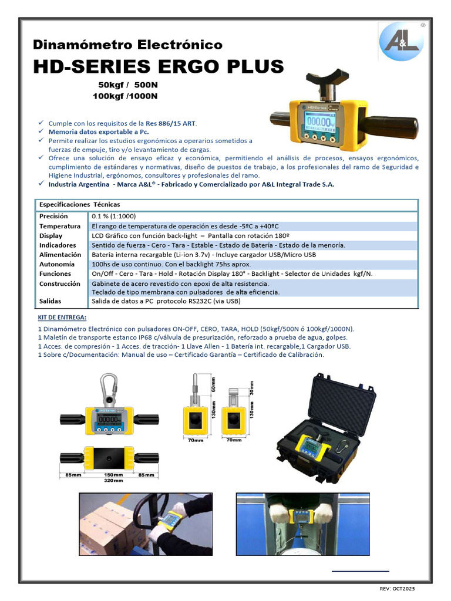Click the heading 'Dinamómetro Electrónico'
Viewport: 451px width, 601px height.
click(127, 45)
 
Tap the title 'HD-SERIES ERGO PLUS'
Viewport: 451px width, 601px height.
click(158, 66)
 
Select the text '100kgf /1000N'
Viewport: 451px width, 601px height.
click(125, 96)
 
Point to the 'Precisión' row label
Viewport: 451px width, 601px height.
click(54, 217)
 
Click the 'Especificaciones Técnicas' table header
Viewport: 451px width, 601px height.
click(79, 204)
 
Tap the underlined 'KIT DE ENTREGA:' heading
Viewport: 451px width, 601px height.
click(62, 318)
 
